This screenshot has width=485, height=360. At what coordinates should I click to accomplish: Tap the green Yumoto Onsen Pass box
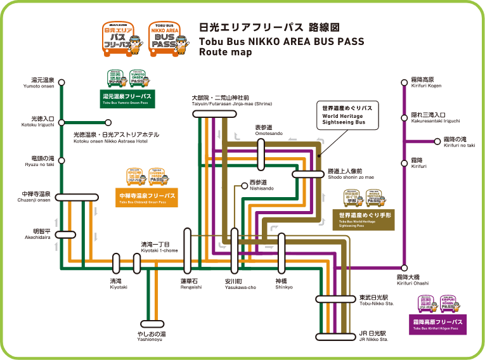(x=127, y=98)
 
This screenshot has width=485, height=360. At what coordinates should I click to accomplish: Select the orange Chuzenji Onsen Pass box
(x=146, y=198)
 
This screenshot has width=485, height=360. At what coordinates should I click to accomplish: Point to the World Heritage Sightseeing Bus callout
(x=347, y=115)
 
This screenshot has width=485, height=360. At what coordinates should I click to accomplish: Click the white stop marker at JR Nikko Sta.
(x=336, y=337)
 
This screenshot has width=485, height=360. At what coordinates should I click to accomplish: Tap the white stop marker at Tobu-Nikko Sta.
(x=336, y=299)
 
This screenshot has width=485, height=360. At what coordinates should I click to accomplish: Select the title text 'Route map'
(x=225, y=53)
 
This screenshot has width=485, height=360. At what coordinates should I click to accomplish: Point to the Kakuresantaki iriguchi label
(x=432, y=119)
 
